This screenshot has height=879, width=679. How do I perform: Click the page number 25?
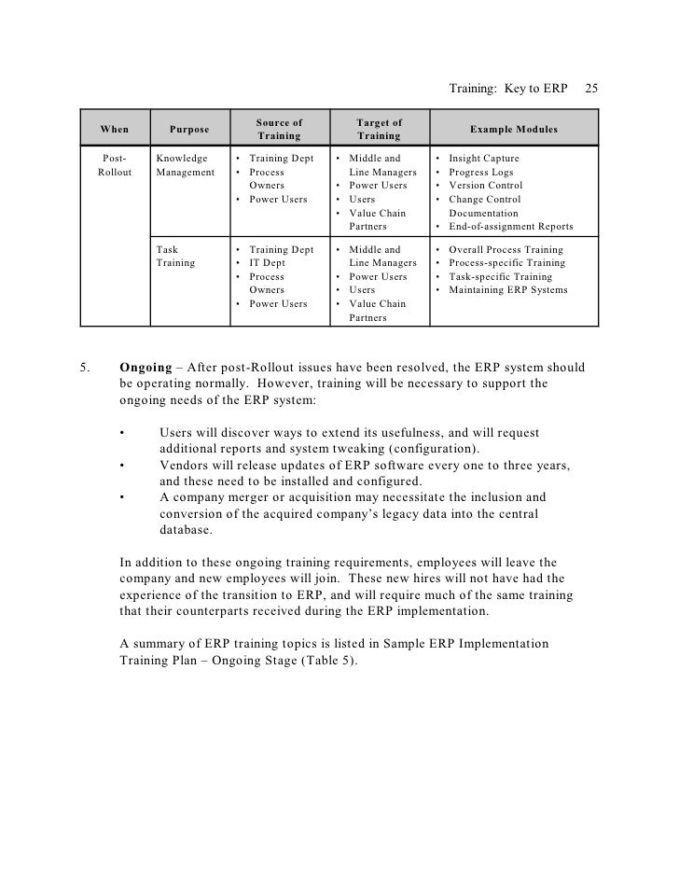(x=591, y=90)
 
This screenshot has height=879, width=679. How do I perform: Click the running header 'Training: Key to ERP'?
(x=508, y=90)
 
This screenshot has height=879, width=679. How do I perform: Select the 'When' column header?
(x=115, y=129)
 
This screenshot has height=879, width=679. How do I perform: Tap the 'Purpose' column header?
(x=189, y=129)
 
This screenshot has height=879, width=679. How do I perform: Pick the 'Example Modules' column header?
(x=513, y=129)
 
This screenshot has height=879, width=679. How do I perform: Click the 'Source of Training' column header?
(x=279, y=129)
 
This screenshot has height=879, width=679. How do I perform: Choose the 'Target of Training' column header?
(x=379, y=129)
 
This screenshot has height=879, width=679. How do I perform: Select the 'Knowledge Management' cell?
(x=185, y=165)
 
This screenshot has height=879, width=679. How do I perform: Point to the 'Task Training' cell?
(x=175, y=257)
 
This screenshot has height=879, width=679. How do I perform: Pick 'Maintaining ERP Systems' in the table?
(x=514, y=290)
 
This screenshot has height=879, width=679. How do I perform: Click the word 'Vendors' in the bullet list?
(x=183, y=465)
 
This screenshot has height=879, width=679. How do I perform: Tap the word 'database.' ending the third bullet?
(x=186, y=530)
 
